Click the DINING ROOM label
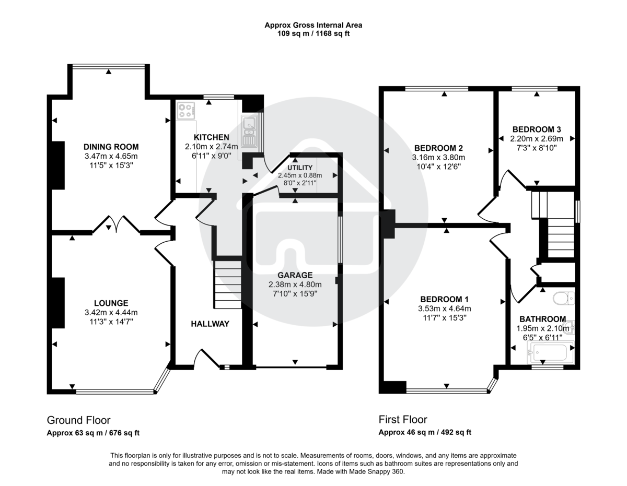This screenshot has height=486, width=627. click(x=111, y=147)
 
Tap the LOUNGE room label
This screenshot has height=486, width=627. click(x=111, y=303)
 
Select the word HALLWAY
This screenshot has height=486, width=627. click(x=210, y=324)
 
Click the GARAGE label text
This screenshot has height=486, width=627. click(x=295, y=275)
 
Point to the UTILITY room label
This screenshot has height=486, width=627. click(x=299, y=168)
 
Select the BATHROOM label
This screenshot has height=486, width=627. click(x=542, y=319)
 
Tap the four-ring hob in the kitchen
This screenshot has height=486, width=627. click(x=185, y=111)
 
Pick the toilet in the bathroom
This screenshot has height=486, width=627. click(x=564, y=299)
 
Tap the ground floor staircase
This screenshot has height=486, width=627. click(x=228, y=285)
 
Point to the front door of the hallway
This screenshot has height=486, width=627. click(x=205, y=359)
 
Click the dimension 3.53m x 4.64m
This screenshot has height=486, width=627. click(x=444, y=309)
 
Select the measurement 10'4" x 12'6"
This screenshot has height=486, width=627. click(x=439, y=167)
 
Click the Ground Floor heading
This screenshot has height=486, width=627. click(x=78, y=420)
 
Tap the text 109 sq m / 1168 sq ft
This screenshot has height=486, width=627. click(x=313, y=33)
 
